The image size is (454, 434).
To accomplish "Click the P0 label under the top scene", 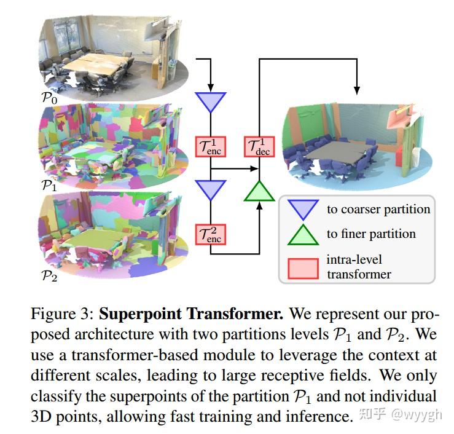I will coord(47,97).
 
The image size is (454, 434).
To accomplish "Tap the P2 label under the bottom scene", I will coord(47,275).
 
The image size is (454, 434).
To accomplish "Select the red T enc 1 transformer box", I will coord(211,146).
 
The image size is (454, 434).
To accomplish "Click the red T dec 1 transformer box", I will coord(259,146).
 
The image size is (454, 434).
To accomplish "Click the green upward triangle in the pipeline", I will coord(259,191).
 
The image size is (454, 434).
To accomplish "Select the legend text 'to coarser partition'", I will coord(378,209).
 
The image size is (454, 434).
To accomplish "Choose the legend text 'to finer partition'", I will coord(371,234).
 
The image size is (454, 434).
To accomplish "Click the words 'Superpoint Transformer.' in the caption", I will coord(191,315).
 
